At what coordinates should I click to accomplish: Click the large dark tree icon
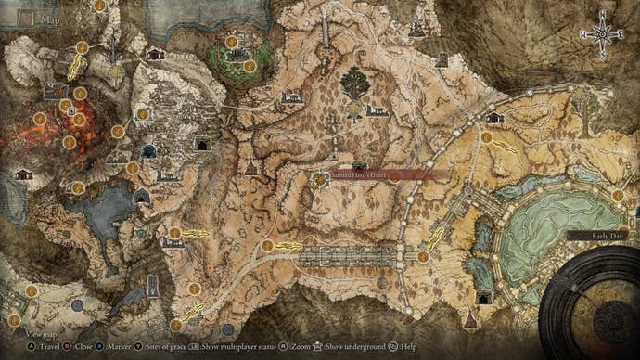pos(355,84)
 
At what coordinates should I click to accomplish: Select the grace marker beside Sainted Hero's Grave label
pos(319,179)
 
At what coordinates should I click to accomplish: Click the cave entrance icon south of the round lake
pos(483,297)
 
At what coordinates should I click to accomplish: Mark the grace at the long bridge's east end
pos(423,256)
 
